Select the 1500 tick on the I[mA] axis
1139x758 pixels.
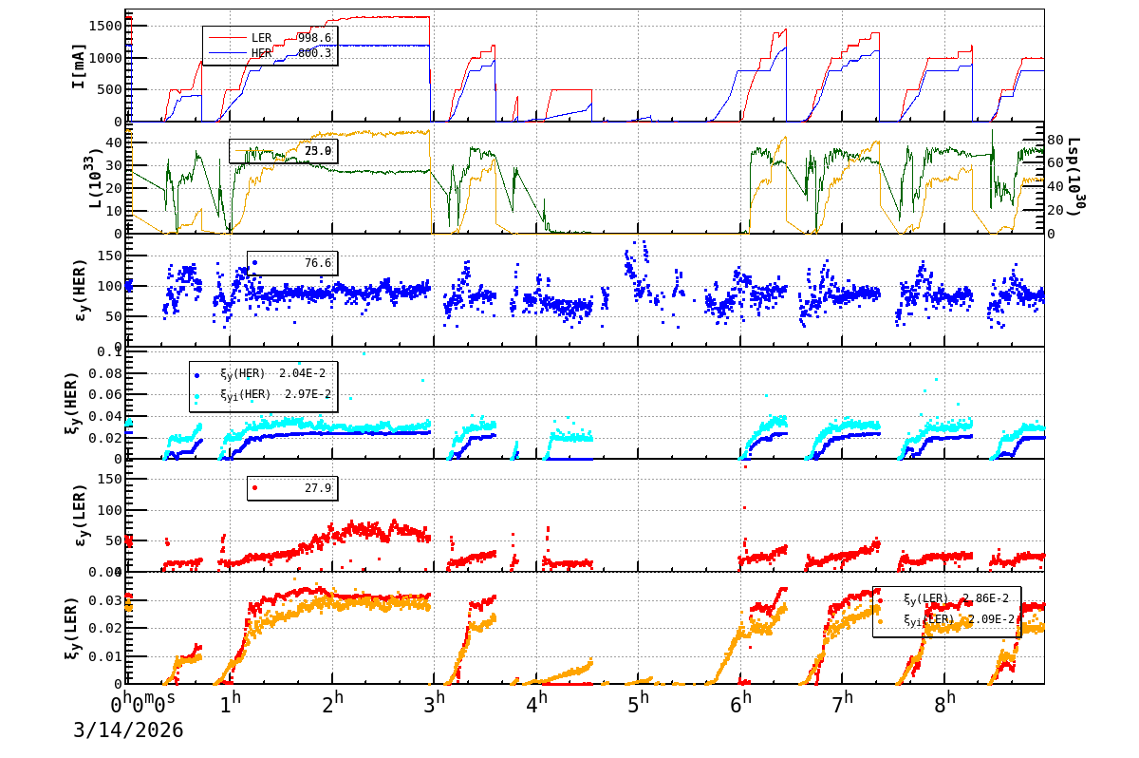pos(103,26)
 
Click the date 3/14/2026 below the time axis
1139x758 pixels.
pos(128,730)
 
